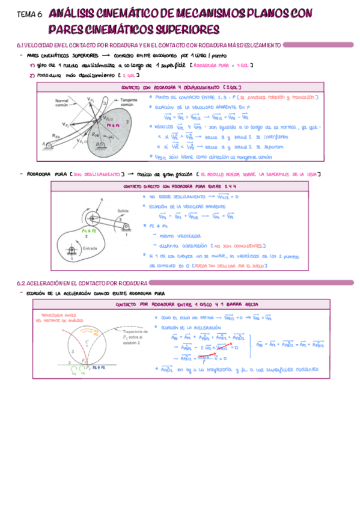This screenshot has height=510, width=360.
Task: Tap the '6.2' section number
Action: click(21, 283)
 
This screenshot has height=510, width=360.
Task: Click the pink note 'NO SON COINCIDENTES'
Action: click(237, 245)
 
